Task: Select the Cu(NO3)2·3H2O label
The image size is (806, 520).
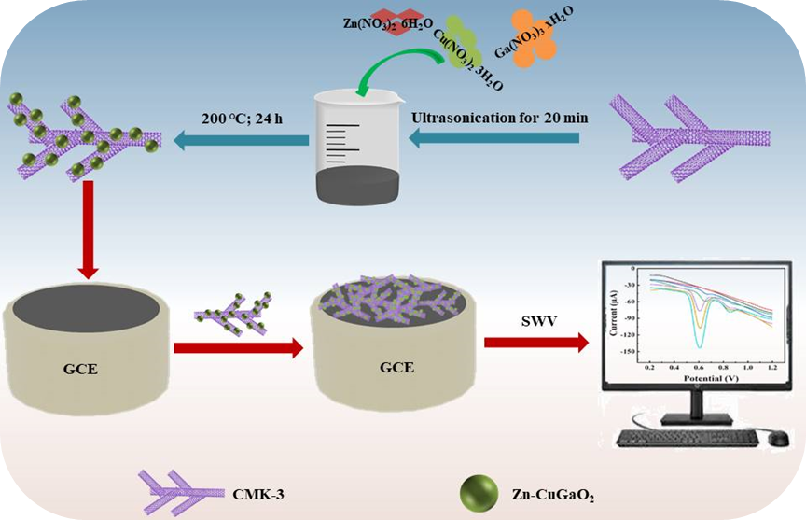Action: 467,57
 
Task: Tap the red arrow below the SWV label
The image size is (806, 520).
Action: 536,343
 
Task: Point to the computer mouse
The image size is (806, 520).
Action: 777,437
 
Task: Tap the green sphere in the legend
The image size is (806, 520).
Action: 477,489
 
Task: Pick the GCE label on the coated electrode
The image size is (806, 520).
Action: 394,368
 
